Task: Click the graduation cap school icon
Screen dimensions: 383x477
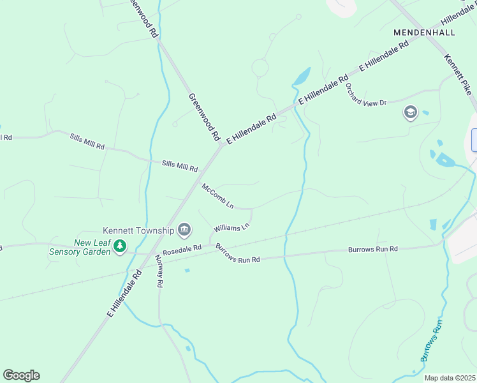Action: point(409,113)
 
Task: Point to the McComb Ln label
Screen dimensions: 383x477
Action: point(218,197)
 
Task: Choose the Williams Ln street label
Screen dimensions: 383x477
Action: point(231,227)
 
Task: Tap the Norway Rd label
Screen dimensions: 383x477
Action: point(159,271)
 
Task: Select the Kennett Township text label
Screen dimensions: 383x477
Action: point(138,230)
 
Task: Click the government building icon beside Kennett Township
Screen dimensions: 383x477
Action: point(185,229)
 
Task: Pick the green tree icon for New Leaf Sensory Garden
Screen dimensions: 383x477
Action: point(119,246)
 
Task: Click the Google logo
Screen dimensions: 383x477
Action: point(21,375)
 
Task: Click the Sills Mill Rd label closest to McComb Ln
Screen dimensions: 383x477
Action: point(180,166)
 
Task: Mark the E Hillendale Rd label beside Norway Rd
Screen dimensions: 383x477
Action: point(124,294)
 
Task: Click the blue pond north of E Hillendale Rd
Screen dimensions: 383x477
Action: point(301,77)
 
